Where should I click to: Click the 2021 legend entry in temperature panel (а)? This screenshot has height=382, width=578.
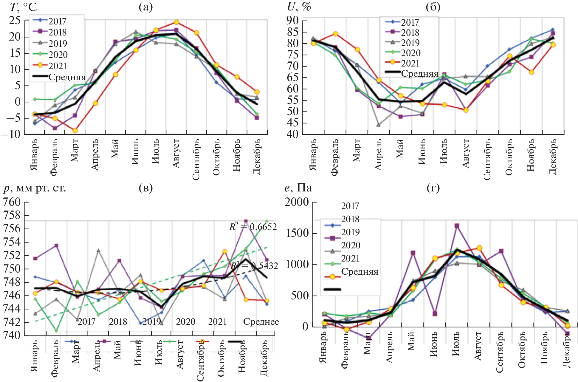coord(58,66)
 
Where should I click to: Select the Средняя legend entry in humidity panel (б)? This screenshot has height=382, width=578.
coord(419,73)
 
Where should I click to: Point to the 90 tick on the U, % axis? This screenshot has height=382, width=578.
coord(292,20)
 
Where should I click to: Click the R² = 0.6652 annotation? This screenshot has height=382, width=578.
coord(253,227)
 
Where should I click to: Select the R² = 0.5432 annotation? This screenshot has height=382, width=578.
coord(254,266)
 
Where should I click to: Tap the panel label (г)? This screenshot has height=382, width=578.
coord(433,188)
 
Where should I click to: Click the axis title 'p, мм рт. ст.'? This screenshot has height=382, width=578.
coord(35,188)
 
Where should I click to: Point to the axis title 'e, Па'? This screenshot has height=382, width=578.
coord(298,188)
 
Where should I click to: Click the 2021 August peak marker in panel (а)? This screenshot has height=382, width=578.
coord(176,22)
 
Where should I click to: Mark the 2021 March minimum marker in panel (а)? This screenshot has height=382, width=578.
coord(75,131)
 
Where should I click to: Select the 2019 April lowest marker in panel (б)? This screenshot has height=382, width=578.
coord(378,125)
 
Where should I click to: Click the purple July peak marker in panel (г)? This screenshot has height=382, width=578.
coord(457,226)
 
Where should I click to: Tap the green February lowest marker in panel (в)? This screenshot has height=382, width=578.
coord(56,331)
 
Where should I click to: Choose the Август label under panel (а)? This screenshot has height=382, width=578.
coord(176,154)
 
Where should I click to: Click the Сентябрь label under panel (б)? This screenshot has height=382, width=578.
coord(487,160)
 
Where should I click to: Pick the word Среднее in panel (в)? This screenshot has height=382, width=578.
coord(261,322)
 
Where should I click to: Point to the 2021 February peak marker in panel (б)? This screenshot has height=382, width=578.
coord(335,34)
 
